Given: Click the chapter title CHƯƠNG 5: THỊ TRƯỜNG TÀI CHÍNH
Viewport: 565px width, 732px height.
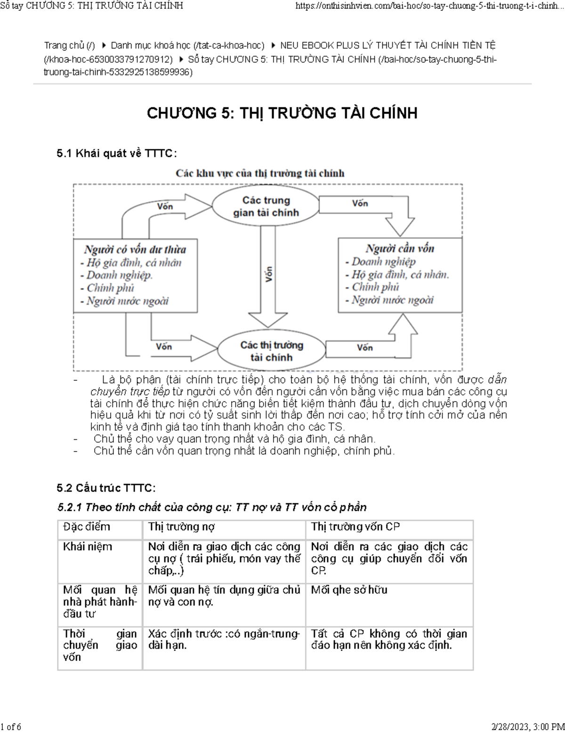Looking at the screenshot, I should (x=282, y=113).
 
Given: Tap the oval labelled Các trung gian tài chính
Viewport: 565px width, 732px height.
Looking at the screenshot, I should (x=266, y=206).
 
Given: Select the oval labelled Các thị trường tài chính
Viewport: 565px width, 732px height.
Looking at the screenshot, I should (x=272, y=351).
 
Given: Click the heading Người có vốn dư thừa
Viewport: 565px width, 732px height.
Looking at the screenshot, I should (x=135, y=249).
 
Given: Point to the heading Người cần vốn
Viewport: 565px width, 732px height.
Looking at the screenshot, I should (x=400, y=248).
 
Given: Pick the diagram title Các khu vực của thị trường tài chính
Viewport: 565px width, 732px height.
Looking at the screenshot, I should (x=260, y=173).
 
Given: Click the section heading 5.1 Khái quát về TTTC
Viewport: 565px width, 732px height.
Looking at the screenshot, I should (x=117, y=153).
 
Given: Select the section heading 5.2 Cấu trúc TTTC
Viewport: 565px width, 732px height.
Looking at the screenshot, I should (x=106, y=488).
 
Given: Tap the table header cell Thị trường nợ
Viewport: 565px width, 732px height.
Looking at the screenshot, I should (x=182, y=527).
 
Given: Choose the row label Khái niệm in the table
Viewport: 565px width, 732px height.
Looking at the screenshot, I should (x=88, y=547).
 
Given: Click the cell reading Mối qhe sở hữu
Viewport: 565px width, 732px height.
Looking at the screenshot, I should (x=349, y=590).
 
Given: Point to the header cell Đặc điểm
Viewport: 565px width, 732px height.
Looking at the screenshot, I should (x=87, y=527).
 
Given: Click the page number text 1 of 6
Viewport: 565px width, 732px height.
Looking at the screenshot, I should (x=11, y=726).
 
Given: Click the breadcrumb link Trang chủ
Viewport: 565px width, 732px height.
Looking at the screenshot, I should (x=69, y=46).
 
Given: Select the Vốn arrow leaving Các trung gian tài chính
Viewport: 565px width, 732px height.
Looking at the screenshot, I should (x=360, y=204).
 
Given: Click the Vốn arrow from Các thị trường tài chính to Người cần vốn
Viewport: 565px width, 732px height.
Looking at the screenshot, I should (x=365, y=348).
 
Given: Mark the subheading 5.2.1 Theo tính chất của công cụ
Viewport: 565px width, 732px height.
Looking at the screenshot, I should (x=212, y=508).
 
